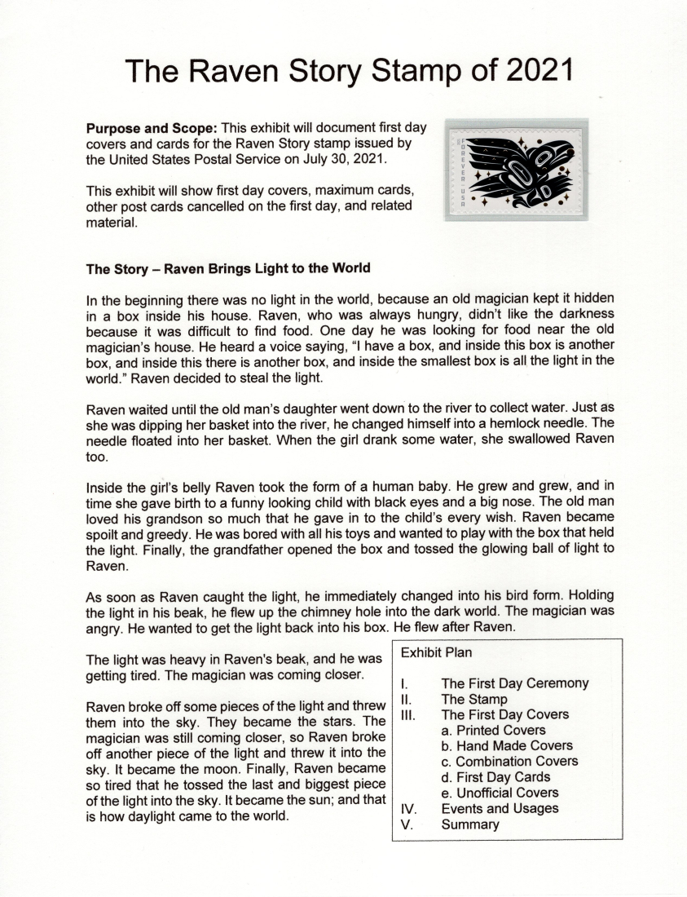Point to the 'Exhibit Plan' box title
pyautogui.click(x=436, y=652)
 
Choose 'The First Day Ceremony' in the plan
pyautogui.click(x=514, y=683)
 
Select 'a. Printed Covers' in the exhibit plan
pyautogui.click(x=493, y=730)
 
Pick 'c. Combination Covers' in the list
pyautogui.click(x=509, y=761)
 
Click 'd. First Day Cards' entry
pyautogui.click(x=495, y=776)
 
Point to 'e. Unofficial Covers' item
pyautogui.click(x=500, y=793)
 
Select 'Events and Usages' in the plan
pyautogui.click(x=500, y=808)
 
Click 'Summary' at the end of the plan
pyautogui.click(x=470, y=824)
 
